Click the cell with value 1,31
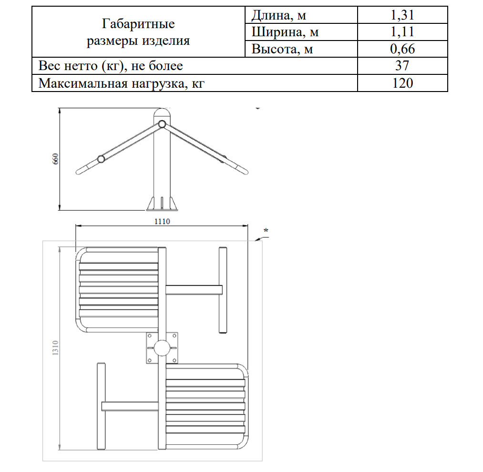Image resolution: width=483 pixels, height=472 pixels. pos(402,15)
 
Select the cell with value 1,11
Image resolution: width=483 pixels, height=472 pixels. pos(402,32)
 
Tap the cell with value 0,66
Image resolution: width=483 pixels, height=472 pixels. pos(402,49)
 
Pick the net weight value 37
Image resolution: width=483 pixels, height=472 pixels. pos(402,65)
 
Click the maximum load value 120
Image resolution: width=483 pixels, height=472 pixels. pos(402,83)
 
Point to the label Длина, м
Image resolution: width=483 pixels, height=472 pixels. pos(279,15)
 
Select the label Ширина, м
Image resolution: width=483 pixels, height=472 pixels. pos(285,32)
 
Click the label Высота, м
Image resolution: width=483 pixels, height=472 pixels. pos(282,49)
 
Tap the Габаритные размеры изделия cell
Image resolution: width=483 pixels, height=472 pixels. pos(138,32)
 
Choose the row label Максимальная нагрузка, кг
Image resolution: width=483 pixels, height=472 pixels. pos(124,83)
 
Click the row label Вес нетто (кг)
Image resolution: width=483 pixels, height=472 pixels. pos(111,65)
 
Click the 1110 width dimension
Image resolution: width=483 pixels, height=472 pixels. pos(162,221)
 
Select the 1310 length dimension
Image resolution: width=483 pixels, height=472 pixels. pos(55,349)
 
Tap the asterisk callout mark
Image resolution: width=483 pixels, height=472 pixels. pos(266,231)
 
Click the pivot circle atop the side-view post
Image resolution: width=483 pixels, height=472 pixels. pos(162,124)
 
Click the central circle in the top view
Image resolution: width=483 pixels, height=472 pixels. pos(162,347)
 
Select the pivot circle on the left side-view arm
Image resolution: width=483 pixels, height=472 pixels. pos(101,159)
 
